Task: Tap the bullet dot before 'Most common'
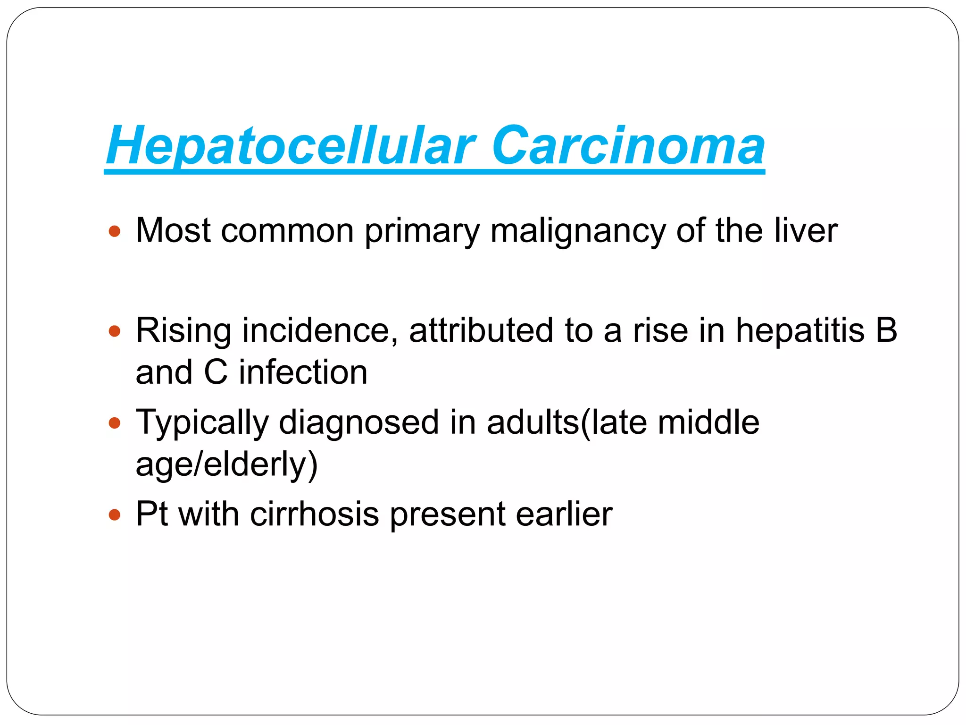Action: (x=115, y=231)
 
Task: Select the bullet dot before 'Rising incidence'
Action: (x=115, y=331)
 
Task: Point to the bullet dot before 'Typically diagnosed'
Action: (x=115, y=422)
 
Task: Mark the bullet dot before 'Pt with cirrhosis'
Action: (x=115, y=514)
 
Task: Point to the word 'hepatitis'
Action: (x=800, y=330)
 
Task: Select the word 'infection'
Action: (x=303, y=372)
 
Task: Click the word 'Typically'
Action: (x=202, y=422)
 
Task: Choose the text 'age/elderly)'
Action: (x=226, y=465)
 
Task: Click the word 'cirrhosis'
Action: (x=314, y=514)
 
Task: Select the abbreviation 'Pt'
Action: (x=151, y=514)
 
